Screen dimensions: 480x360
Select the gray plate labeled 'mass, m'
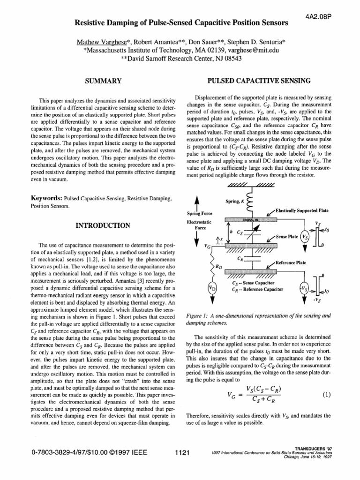point(253,219)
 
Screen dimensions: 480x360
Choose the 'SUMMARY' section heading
point(103,81)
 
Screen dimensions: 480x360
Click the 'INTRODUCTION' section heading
point(103,225)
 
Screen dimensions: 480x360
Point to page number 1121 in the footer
point(181,453)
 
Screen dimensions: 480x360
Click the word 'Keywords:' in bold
point(43,198)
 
